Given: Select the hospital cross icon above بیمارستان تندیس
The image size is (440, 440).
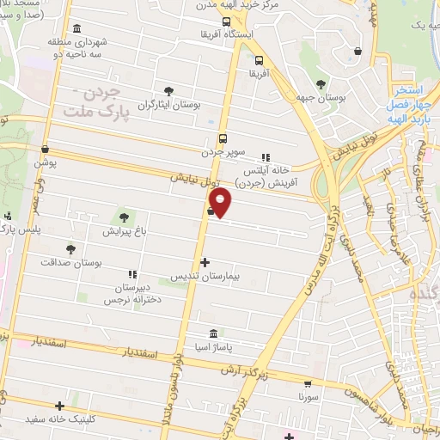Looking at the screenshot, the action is pos(205,261).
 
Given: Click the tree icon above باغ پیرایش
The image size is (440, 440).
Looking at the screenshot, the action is pos(125,216).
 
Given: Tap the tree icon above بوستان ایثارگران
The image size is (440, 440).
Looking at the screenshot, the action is pos(168,89).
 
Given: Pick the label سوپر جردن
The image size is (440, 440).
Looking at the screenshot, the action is pos(224,151).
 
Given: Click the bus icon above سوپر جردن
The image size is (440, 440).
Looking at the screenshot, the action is pos(223,137).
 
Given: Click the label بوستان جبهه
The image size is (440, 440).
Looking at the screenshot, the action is pos(322,99).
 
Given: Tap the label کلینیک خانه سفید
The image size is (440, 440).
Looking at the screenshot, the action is pos(61,420).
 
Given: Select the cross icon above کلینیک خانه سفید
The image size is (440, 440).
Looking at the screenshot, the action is pos(59,406).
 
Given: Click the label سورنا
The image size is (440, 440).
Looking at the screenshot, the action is pos(309,399).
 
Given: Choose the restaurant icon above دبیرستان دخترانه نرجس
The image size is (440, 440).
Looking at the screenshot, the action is pos(131,272).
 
